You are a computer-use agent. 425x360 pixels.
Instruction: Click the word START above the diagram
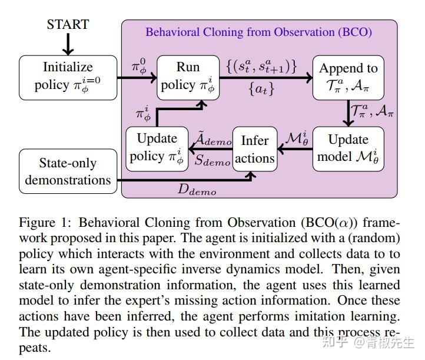click(68, 25)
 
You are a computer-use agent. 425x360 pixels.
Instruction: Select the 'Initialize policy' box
click(67, 77)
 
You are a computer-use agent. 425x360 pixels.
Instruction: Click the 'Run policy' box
click(188, 77)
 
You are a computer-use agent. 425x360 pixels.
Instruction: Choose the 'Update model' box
click(348, 148)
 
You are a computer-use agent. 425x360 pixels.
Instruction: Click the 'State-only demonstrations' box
click(67, 171)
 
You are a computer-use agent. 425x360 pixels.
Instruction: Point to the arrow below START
click(68, 44)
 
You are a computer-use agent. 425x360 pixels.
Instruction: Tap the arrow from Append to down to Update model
click(347, 113)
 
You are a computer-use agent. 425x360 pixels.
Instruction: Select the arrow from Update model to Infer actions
click(295, 149)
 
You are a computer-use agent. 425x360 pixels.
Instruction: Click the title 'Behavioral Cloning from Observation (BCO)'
click(258, 32)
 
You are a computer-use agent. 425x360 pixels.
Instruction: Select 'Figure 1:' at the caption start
click(45, 223)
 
